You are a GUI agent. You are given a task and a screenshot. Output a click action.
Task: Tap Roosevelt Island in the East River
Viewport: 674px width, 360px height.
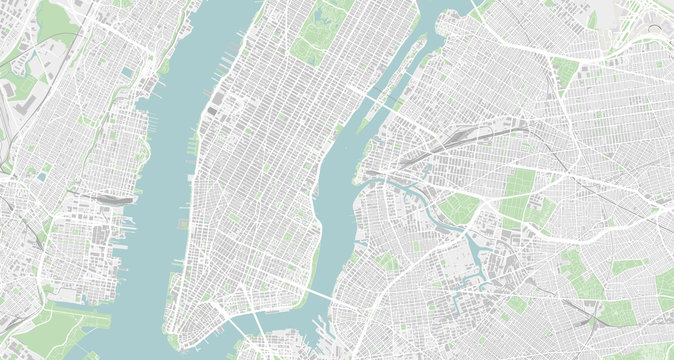tap(391, 77)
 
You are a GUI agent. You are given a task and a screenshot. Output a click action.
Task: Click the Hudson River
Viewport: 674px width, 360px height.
tap(160, 200)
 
